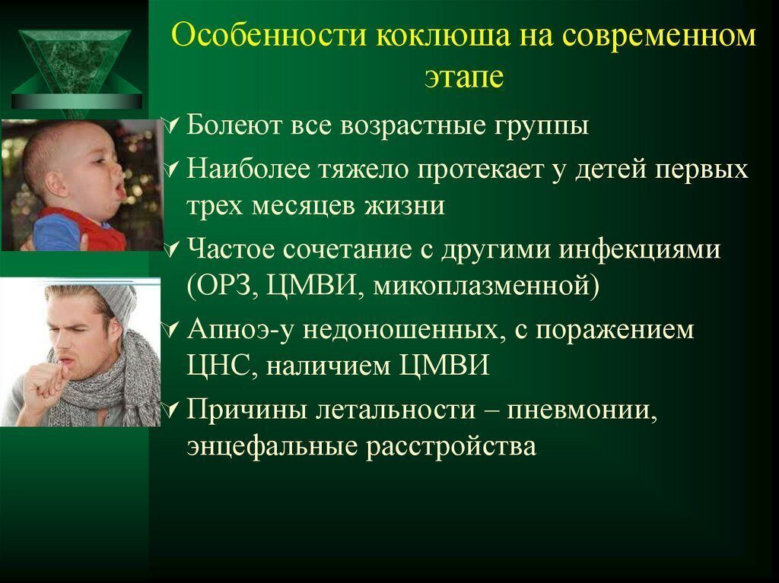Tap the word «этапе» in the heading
coord(464,78)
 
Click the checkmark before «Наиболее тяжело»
coord(171,170)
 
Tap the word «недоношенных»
coord(400,330)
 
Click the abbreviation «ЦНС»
coord(221,366)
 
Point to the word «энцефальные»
coord(272,446)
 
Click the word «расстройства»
coord(451,446)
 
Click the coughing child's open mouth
coord(120,190)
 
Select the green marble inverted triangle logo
coord(76,69)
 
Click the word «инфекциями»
coord(640,249)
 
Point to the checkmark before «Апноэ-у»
coord(171,328)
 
